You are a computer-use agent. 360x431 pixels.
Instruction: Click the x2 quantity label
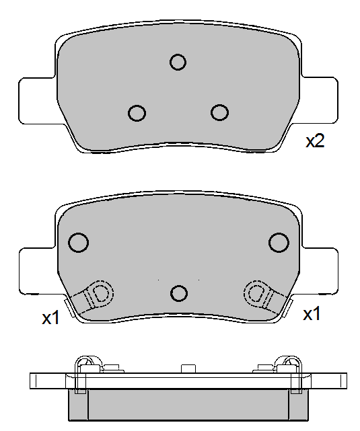click(315, 141)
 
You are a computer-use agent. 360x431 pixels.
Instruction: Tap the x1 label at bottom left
click(50, 318)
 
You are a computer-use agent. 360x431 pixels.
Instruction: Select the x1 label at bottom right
click(312, 314)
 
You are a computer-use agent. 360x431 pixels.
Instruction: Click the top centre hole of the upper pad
click(178, 62)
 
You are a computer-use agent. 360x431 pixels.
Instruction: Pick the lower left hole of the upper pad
click(137, 113)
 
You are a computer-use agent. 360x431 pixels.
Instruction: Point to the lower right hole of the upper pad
click(219, 112)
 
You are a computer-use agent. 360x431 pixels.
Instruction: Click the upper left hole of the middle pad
click(78, 243)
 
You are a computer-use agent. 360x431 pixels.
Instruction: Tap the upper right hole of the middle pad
click(279, 243)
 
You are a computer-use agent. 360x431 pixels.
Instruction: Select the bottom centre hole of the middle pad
click(179, 293)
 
